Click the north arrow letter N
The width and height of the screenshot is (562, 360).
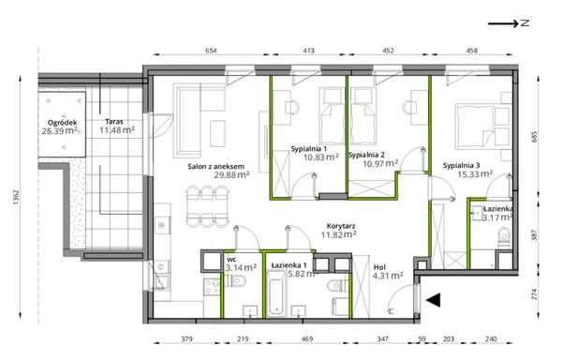coord(525,22)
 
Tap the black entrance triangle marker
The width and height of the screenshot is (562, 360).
coord(433,300)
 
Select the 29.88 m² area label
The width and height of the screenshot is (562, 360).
coord(231,175)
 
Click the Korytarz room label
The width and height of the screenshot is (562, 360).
coord(341,226)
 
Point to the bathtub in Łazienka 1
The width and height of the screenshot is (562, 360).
coord(276,293)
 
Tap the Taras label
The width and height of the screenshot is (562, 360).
coord(114,122)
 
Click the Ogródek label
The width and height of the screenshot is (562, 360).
coord(63,123)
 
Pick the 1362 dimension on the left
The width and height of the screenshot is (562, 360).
coord(16,197)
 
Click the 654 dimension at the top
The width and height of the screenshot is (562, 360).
coord(211,51)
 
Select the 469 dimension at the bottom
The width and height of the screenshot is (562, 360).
coord(307,338)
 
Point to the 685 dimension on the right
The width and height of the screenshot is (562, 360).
coord(535,137)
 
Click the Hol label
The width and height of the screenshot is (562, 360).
coord(379,267)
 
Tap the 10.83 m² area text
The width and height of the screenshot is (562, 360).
coord(321,157)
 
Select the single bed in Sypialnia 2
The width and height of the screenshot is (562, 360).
coord(363,115)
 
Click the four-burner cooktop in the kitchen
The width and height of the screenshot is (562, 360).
coord(212,287)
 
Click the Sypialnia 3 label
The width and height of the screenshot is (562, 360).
coord(461,166)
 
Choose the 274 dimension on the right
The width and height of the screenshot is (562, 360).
coord(535,294)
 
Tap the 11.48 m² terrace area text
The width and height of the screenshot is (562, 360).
coord(117,129)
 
